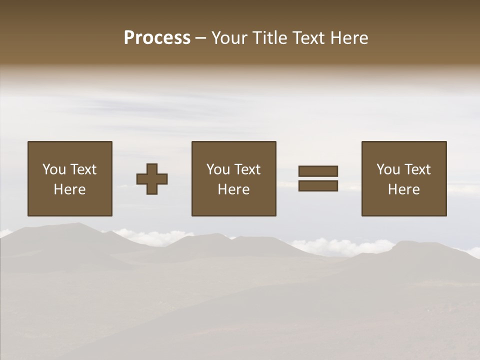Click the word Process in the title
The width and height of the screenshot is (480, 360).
[157, 38]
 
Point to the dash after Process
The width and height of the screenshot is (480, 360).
[200, 38]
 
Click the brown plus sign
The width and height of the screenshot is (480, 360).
[152, 178]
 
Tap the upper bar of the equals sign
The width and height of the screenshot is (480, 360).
[318, 171]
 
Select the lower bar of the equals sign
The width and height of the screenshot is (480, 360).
[318, 186]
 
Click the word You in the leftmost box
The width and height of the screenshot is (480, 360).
[53, 169]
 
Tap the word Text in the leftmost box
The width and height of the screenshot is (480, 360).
[83, 169]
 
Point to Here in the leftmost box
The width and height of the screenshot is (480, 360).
[70, 189]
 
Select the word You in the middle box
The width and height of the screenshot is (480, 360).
[217, 169]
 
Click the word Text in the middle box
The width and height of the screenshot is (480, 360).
[247, 169]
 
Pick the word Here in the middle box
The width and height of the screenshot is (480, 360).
[234, 189]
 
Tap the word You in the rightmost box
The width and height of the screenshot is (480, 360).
[387, 169]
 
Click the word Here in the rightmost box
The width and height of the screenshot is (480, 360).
[404, 189]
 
